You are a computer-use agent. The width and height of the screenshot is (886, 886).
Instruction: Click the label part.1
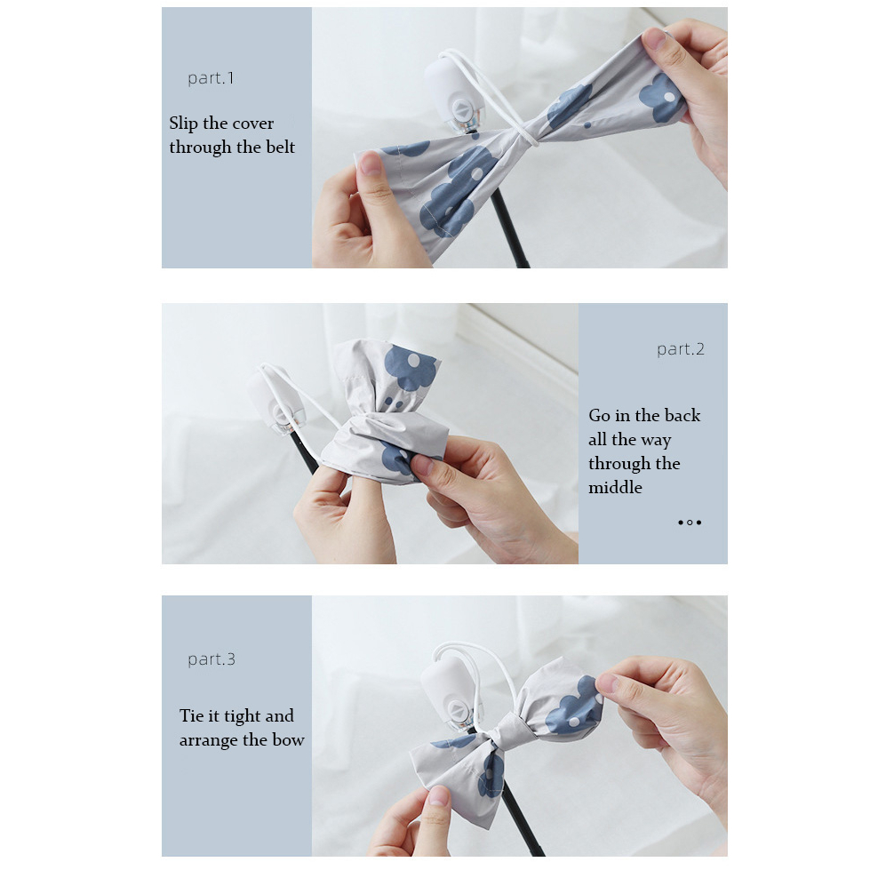point(211,78)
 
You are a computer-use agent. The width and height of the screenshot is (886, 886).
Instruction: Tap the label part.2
point(681,349)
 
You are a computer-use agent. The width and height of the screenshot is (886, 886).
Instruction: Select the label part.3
point(212,659)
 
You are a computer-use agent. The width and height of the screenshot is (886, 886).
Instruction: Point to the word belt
point(280,147)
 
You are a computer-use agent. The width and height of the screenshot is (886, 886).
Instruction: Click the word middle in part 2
point(615,487)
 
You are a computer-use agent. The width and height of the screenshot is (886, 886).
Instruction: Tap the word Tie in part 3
point(192,716)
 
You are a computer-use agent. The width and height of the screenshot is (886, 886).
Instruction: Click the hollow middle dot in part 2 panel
point(690,523)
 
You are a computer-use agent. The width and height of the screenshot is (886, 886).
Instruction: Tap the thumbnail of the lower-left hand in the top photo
point(371,164)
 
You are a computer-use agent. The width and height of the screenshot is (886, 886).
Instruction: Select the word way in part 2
point(656,441)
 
